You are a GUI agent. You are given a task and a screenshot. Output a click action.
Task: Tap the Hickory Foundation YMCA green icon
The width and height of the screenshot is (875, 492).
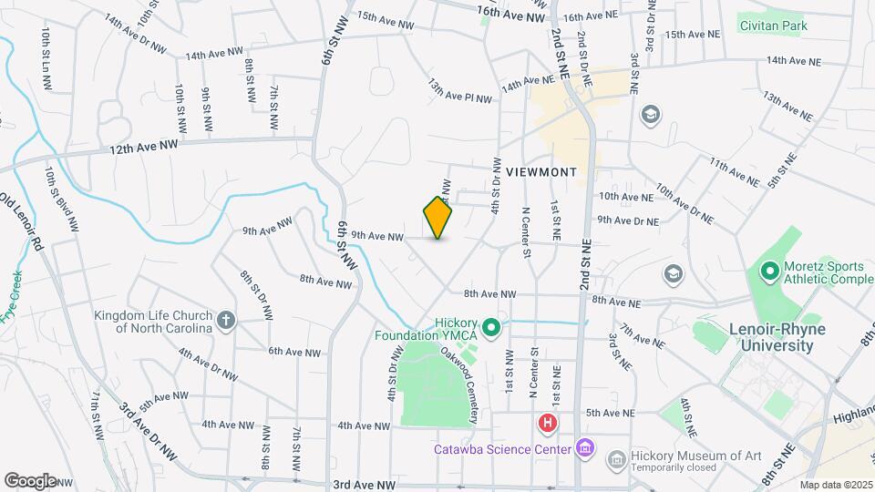(x=492, y=326)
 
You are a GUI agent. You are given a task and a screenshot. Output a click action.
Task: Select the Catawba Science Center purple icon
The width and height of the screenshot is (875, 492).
(x=584, y=448)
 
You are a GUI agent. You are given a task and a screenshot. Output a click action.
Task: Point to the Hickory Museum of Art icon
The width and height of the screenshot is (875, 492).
(x=617, y=458)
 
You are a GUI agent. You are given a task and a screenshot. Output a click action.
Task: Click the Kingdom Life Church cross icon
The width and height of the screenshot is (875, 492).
(x=226, y=320)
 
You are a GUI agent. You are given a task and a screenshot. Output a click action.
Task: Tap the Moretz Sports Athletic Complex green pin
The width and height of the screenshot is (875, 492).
(x=768, y=271)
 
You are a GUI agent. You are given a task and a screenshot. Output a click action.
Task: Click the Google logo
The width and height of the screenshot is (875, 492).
(x=29, y=480)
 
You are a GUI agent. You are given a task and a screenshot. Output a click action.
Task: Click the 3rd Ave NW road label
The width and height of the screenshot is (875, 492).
(x=365, y=486)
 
